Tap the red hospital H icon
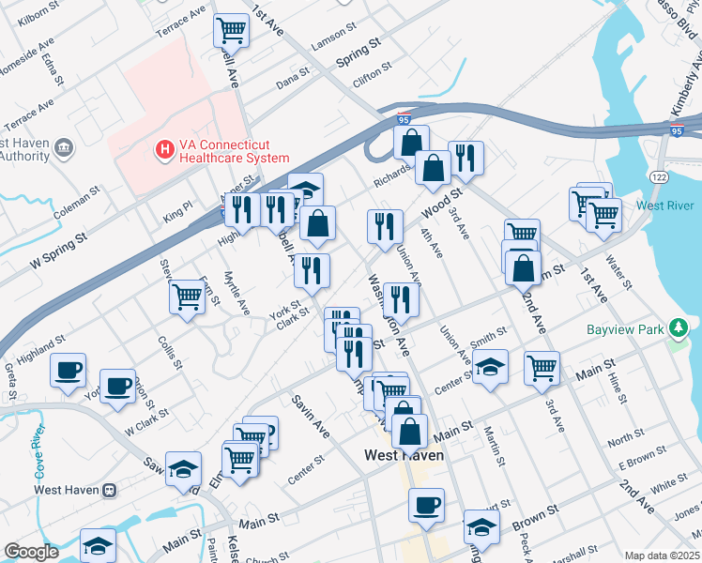pos(164,148)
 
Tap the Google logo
pos(31,552)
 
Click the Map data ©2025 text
pos(661,555)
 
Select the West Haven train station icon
pos(110,490)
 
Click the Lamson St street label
pos(328,37)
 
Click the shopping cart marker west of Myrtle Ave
pos(187,297)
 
